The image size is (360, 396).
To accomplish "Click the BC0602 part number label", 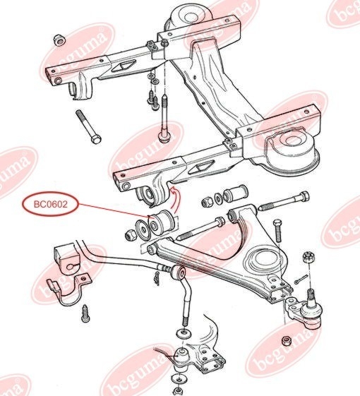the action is [x=51, y=204].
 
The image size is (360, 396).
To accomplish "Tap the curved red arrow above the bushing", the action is [x=174, y=200].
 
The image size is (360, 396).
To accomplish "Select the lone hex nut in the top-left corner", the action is [x=59, y=40].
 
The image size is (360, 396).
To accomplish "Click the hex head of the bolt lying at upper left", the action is [x=96, y=138].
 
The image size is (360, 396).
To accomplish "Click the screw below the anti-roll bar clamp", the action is [x=85, y=313].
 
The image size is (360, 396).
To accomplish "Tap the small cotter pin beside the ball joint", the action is [x=301, y=279].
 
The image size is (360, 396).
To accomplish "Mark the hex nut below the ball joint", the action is [x=286, y=341].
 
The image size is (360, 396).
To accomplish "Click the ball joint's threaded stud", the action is [x=311, y=297].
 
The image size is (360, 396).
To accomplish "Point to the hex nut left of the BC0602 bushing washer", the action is [x=131, y=234].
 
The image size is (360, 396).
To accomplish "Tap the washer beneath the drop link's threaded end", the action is [x=184, y=333].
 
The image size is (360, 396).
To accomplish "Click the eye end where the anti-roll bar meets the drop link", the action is [x=179, y=272].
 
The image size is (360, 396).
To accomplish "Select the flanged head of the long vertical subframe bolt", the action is [x=164, y=137].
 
